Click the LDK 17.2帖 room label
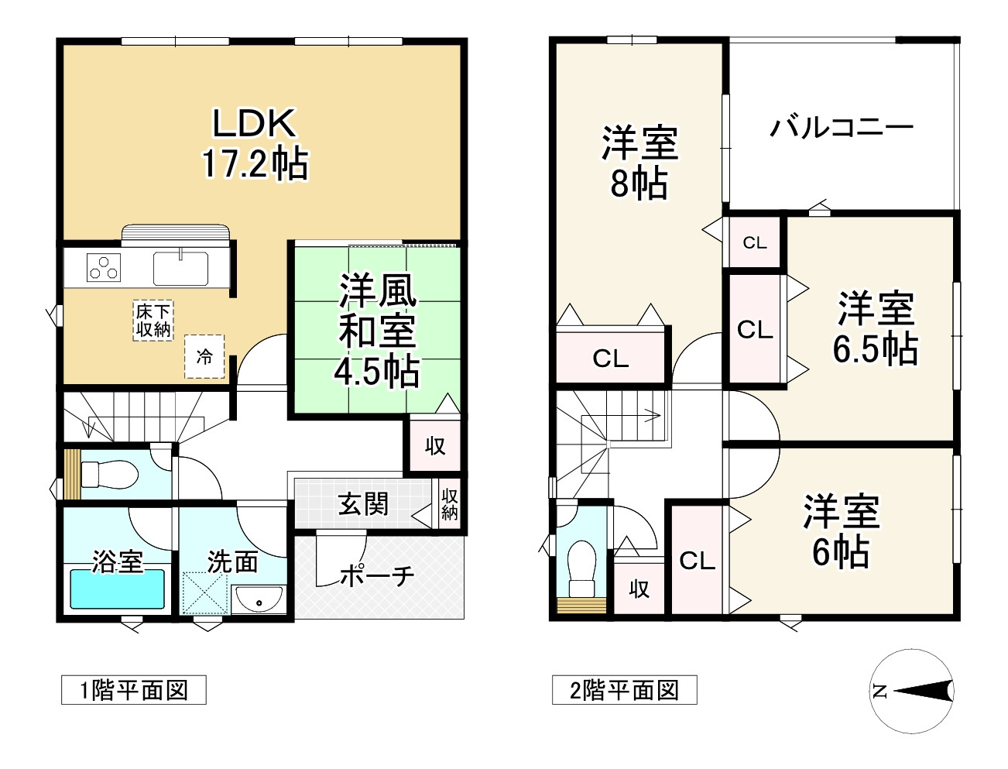click(x=255, y=144)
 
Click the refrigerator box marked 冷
click(x=204, y=357)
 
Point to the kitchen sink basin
click(x=180, y=269)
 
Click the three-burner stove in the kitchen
click(x=104, y=267)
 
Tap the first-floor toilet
click(x=108, y=472)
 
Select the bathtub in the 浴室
click(x=118, y=589)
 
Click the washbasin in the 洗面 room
click(x=259, y=599)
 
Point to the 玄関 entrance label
click(x=363, y=504)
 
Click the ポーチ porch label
click(x=377, y=575)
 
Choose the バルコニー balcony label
click(x=841, y=126)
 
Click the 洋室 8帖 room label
click(x=639, y=163)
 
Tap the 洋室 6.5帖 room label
click(x=876, y=328)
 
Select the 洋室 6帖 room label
click(x=841, y=531)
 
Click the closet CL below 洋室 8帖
click(x=611, y=359)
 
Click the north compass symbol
click(x=913, y=692)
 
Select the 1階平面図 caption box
click(x=134, y=690)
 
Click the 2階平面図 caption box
click(x=624, y=690)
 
